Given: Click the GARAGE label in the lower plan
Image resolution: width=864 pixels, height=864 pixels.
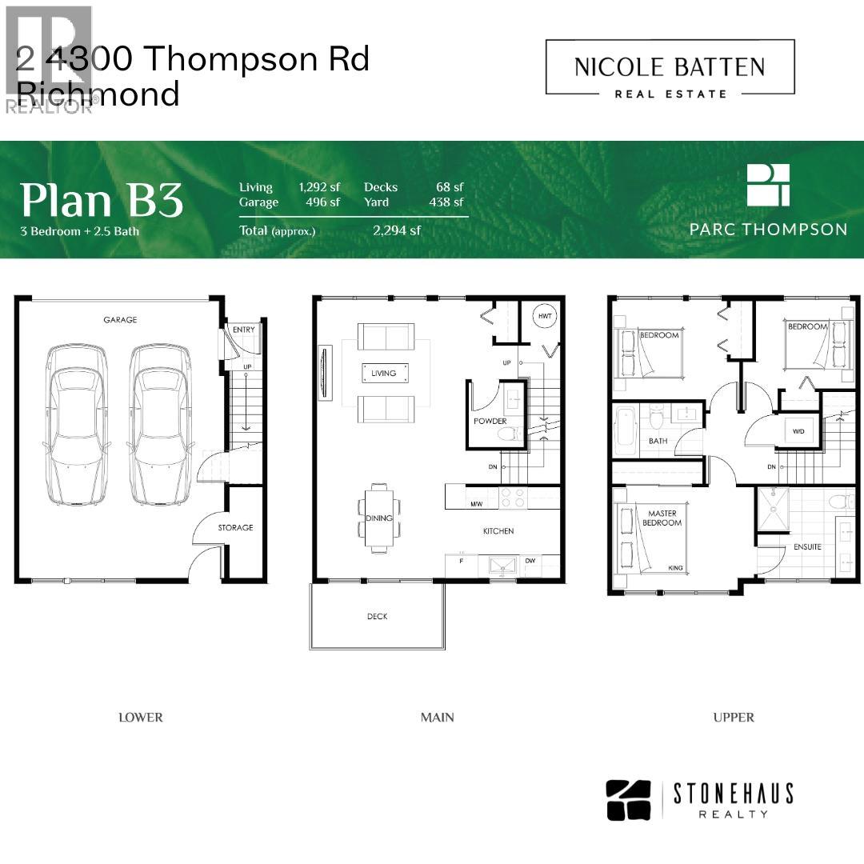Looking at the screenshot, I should [x=120, y=319].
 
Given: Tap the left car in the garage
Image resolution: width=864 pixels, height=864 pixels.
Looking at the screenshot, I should [x=77, y=424].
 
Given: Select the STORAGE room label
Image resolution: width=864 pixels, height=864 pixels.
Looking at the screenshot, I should [x=235, y=528].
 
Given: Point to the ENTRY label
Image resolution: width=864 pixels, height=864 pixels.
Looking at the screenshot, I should [x=243, y=330].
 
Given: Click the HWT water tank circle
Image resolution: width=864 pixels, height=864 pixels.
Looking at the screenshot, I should [x=545, y=317].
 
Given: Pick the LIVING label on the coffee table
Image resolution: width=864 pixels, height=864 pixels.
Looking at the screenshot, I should [x=383, y=373].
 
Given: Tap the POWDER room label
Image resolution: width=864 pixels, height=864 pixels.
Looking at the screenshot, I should [x=490, y=421].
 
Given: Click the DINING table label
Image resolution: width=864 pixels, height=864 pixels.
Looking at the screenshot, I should [x=378, y=518].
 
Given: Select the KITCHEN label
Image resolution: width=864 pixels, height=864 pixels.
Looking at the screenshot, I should [x=498, y=531].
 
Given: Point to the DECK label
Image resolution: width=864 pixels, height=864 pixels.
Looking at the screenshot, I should [x=377, y=616].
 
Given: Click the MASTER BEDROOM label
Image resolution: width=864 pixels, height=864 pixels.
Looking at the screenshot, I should [x=662, y=518].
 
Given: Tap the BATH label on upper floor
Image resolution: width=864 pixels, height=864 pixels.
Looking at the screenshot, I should [x=658, y=441].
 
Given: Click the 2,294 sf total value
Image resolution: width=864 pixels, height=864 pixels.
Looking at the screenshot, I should [x=397, y=231].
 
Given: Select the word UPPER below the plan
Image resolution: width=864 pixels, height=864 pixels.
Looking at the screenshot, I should [x=734, y=718].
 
